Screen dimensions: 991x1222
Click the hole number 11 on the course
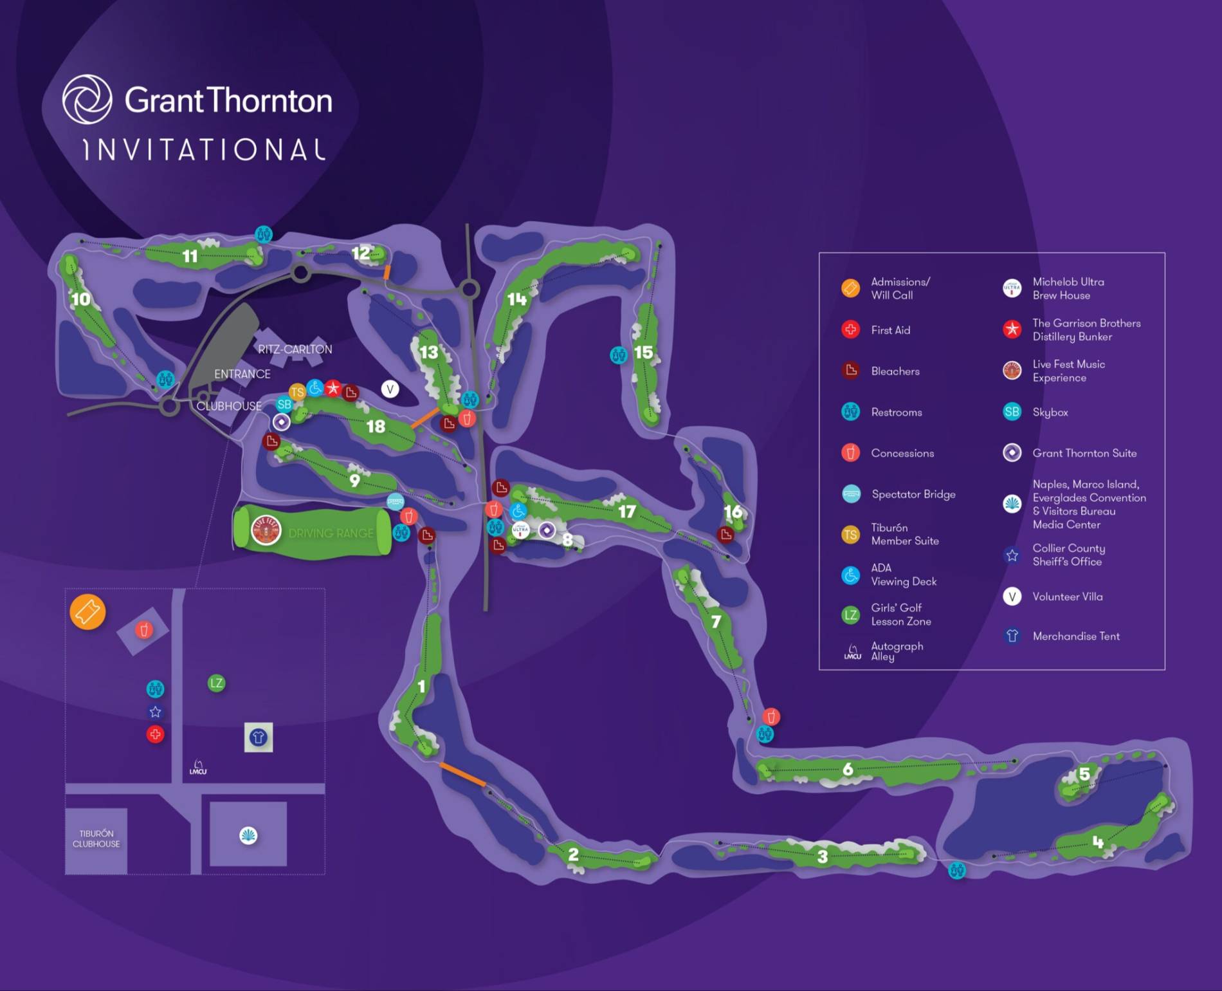click(x=190, y=257)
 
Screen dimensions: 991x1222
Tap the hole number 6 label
click(x=848, y=769)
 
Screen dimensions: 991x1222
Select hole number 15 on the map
click(x=643, y=353)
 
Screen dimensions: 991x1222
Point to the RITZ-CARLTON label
click(x=295, y=349)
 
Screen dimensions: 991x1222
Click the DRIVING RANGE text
click(x=331, y=533)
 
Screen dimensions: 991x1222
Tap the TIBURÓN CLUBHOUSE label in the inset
click(x=96, y=839)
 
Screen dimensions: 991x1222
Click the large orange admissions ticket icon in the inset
click(x=87, y=612)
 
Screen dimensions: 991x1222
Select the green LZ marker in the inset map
click(x=216, y=683)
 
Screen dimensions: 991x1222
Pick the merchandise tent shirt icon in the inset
click(x=259, y=737)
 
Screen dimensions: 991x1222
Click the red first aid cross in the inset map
click(x=155, y=734)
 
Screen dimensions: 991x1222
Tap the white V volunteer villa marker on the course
click(x=390, y=389)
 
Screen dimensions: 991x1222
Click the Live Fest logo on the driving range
click(x=266, y=531)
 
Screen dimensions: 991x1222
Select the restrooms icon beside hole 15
click(x=618, y=355)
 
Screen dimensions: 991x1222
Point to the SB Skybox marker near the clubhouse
click(x=284, y=405)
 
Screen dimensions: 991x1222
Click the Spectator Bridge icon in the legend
click(x=851, y=494)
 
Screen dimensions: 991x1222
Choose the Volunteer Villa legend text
click(x=1067, y=597)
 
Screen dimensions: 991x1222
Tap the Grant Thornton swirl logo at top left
click(x=87, y=100)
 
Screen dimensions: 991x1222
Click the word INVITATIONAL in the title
click(x=205, y=150)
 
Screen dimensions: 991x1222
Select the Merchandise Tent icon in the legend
click(x=1012, y=636)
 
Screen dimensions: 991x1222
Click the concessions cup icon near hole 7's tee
click(x=771, y=716)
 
